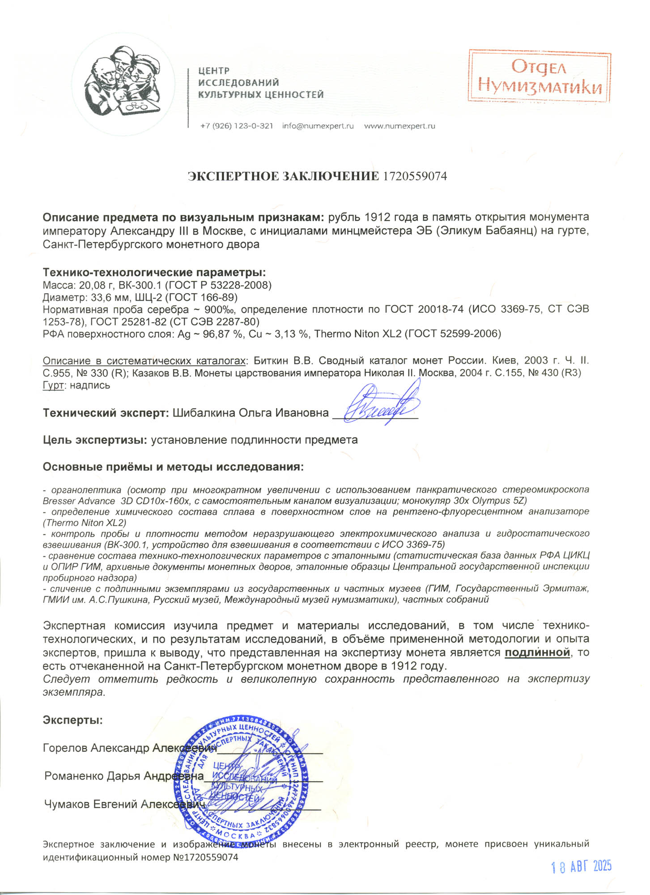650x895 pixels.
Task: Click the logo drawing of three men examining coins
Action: (x=123, y=84)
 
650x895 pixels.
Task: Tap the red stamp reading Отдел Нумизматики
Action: (x=540, y=77)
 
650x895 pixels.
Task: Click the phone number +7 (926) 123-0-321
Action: (x=237, y=126)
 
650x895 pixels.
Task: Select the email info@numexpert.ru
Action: (x=318, y=126)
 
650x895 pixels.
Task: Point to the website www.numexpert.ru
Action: (x=399, y=126)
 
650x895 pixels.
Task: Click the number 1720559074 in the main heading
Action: (x=415, y=176)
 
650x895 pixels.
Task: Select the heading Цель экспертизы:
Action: (x=95, y=440)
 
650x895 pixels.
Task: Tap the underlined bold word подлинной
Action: (x=537, y=653)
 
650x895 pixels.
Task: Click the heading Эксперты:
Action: (x=72, y=720)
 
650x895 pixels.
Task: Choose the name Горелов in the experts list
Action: (x=65, y=748)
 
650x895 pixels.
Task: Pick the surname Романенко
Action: (x=73, y=776)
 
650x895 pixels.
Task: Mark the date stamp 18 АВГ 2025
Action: (x=581, y=867)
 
